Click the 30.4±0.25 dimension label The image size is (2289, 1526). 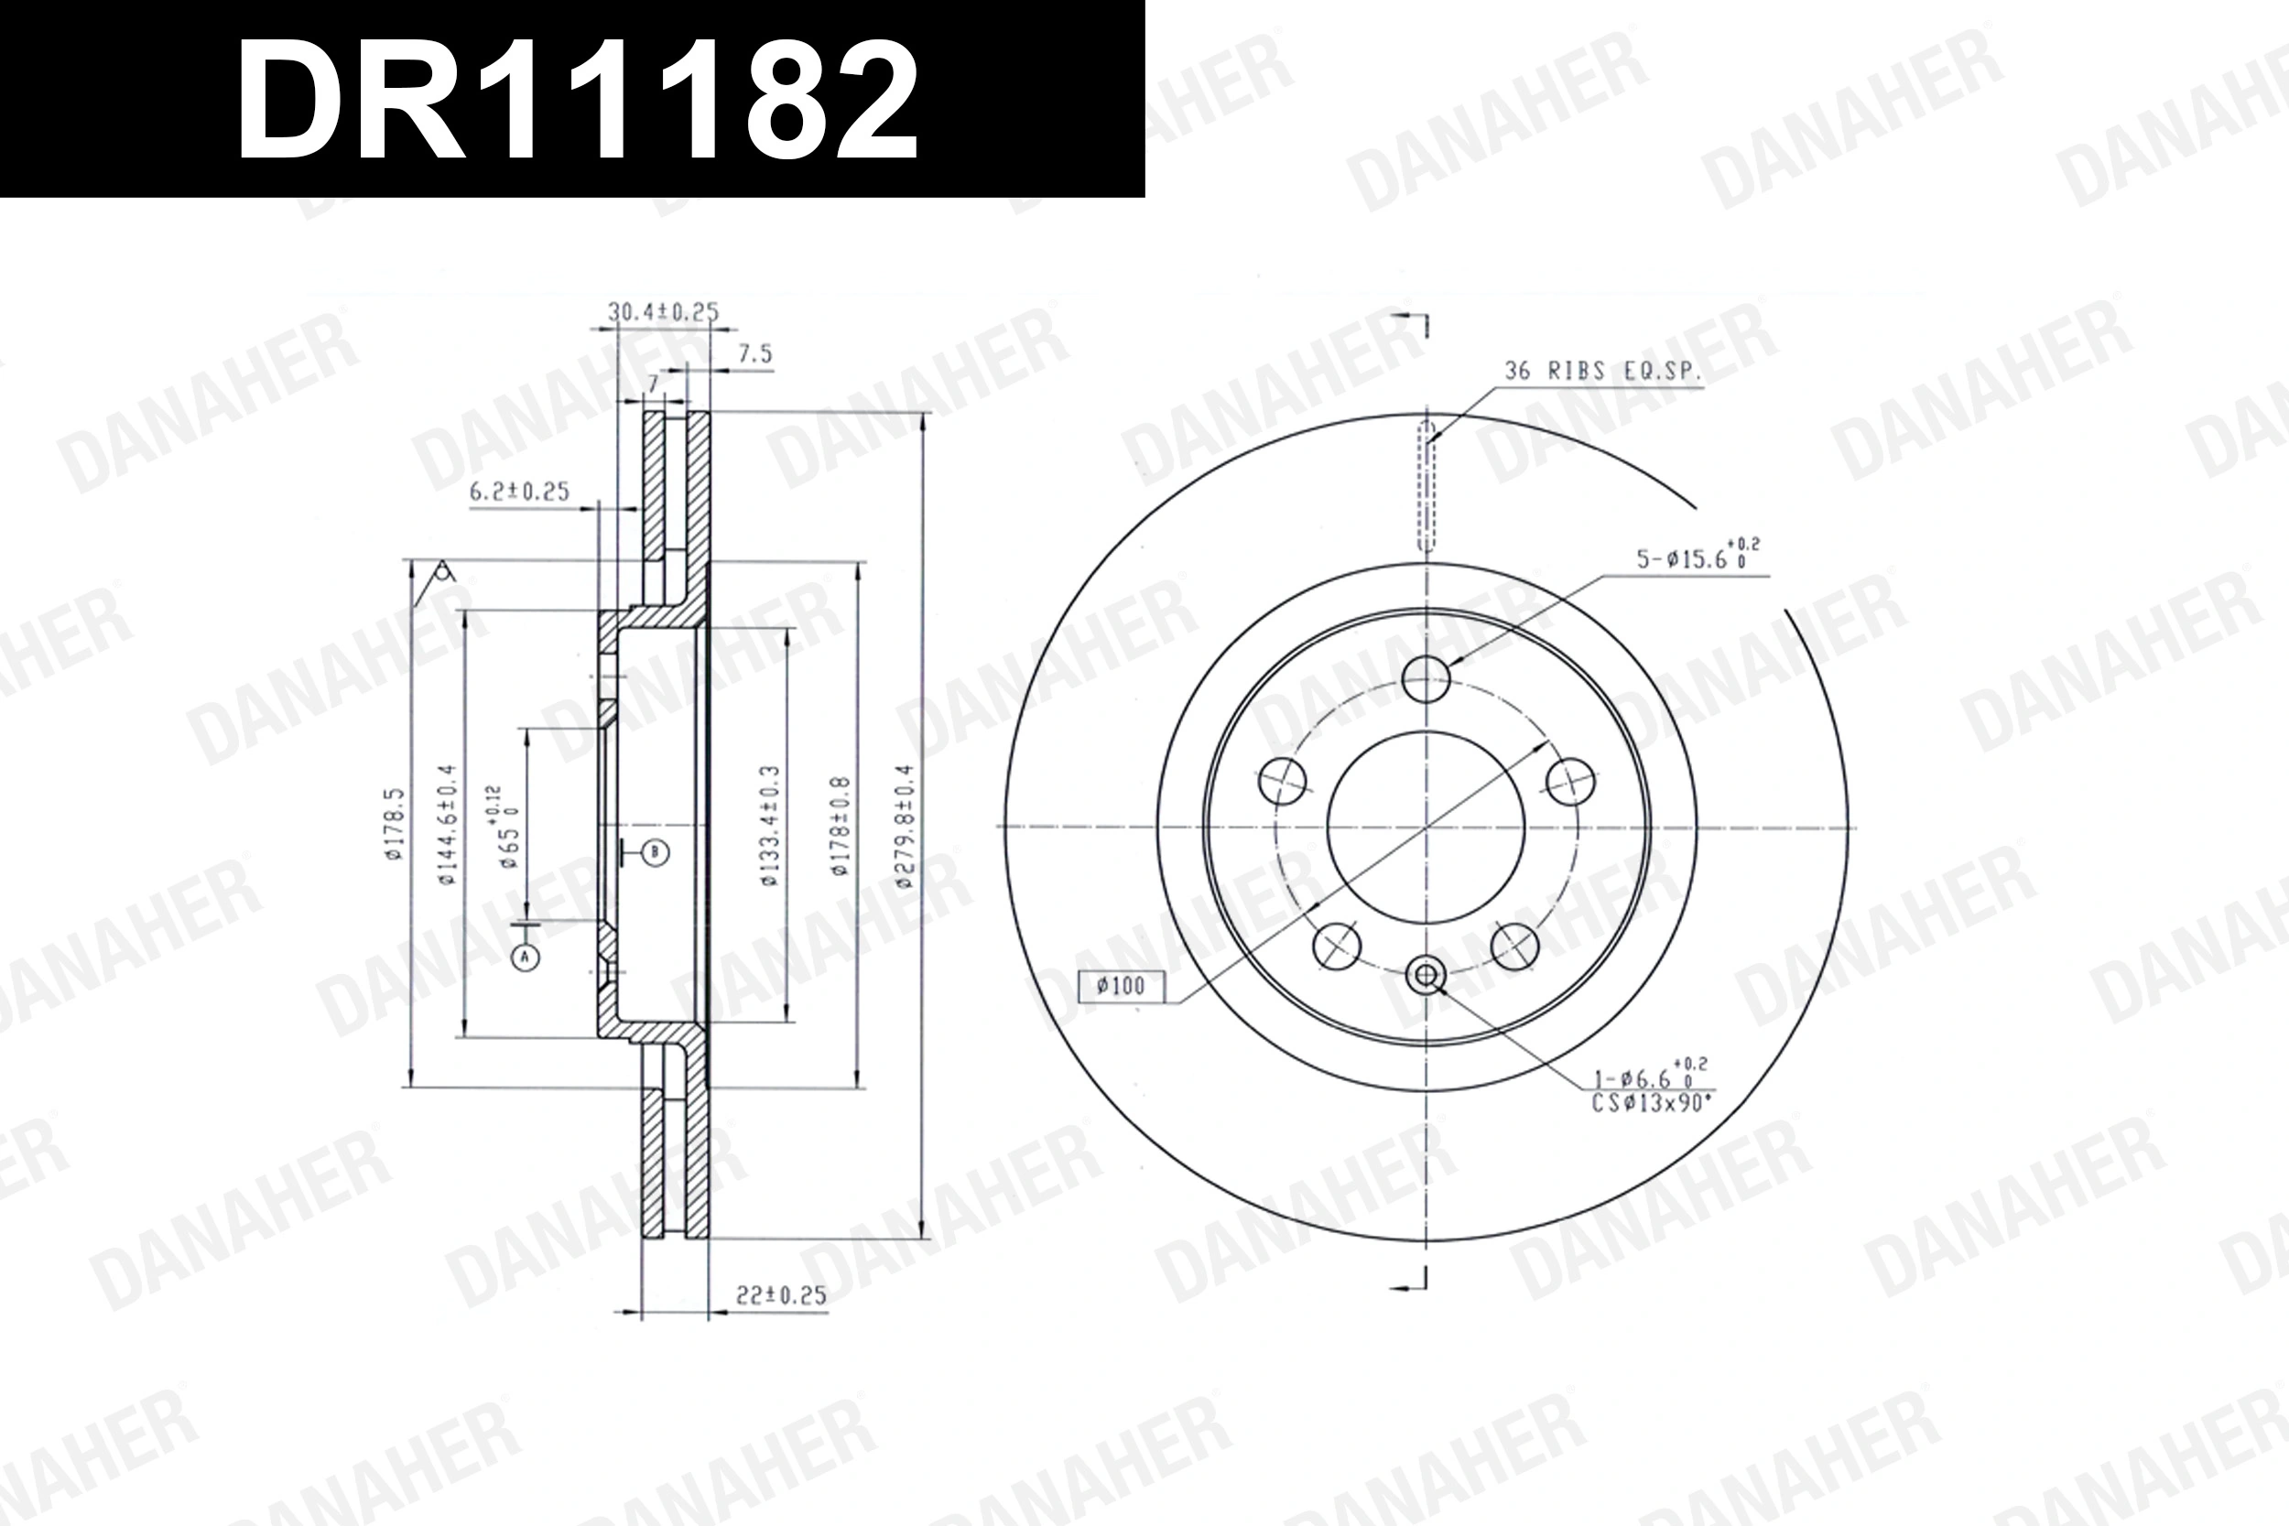[663, 312]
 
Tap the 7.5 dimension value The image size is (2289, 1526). [754, 354]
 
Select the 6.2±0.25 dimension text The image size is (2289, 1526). [519, 492]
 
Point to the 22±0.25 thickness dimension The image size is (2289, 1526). [780, 1294]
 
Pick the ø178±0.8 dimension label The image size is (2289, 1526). [841, 828]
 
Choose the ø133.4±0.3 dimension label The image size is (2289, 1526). [771, 828]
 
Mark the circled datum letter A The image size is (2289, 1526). [526, 958]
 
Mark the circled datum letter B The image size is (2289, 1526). [655, 853]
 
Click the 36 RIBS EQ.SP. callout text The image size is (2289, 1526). [1602, 371]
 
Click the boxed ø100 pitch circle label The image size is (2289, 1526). [1120, 987]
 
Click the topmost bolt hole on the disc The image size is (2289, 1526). [1427, 678]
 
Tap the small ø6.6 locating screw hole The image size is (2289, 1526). [1427, 974]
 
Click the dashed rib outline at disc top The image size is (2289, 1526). [1427, 487]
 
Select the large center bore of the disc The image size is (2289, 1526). [1427, 828]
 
